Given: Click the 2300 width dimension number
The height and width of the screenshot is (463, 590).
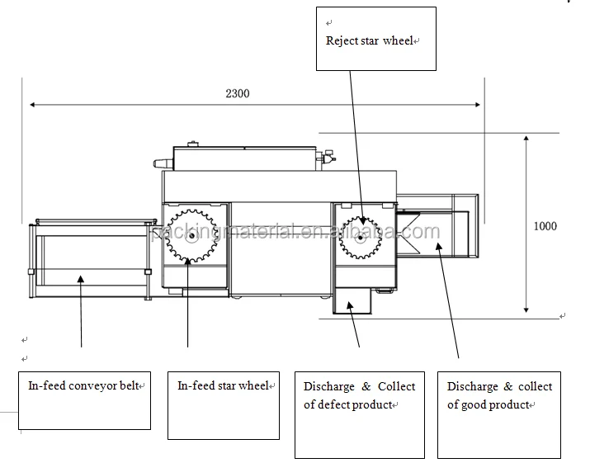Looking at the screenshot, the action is click(238, 93).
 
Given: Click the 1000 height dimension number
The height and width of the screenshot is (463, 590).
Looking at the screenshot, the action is click(545, 226).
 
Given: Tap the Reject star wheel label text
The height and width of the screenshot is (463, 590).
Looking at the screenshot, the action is click(369, 40).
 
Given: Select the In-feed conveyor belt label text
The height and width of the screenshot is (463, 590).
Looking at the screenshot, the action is click(83, 386).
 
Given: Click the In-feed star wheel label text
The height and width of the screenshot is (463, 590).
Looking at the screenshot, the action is click(223, 386).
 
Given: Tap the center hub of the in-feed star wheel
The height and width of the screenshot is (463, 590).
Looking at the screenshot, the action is click(192, 236).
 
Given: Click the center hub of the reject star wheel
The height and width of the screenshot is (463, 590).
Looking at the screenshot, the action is click(361, 238).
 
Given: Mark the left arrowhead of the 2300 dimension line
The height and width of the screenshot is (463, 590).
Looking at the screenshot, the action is click(32, 104).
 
